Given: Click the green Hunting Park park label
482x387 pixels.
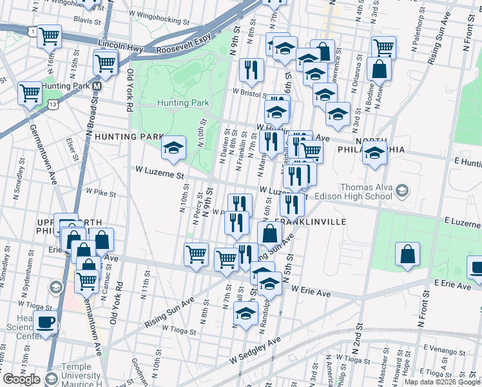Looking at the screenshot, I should click(x=184, y=103).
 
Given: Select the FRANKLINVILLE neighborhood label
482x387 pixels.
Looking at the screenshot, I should click(x=315, y=221).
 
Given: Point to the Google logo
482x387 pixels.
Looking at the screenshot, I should click(x=21, y=379).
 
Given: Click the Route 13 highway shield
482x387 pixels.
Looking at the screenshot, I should click(x=52, y=103).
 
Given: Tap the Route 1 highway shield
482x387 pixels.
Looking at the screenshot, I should click(x=32, y=31).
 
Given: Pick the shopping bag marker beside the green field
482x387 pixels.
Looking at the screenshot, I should click(x=407, y=255).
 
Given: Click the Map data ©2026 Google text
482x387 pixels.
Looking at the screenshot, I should click(x=441, y=382).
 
